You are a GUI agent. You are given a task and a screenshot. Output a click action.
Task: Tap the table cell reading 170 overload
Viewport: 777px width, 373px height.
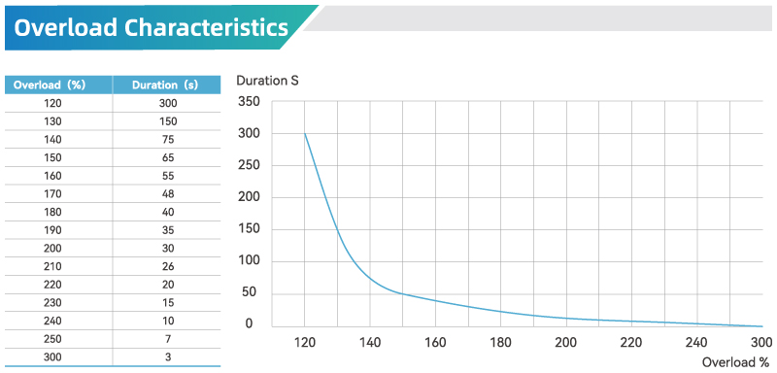[54, 193]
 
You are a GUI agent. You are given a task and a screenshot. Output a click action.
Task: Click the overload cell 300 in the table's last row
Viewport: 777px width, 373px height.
[54, 357]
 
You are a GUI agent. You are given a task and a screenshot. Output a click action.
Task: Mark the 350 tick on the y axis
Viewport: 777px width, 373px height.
[249, 102]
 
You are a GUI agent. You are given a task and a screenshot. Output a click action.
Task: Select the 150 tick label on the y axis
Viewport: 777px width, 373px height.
[249, 229]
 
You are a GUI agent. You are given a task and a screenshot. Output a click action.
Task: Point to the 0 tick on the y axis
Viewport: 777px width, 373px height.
[249, 324]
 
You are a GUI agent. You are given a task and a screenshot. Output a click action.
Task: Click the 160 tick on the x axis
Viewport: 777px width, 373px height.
[435, 342]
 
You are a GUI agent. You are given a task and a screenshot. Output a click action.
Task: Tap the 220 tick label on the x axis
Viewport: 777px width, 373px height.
[631, 342]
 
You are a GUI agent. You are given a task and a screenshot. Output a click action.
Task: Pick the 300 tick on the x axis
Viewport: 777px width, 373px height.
[761, 342]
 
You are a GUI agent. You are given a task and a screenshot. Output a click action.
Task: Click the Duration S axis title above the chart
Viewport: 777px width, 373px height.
[267, 80]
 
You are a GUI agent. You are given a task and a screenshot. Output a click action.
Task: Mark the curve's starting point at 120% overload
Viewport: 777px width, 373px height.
[305, 133]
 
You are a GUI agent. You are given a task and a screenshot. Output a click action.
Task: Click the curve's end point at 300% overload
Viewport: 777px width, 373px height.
[761, 326]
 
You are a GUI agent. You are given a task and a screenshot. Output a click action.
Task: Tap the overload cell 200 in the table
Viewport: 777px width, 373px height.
[54, 248]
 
